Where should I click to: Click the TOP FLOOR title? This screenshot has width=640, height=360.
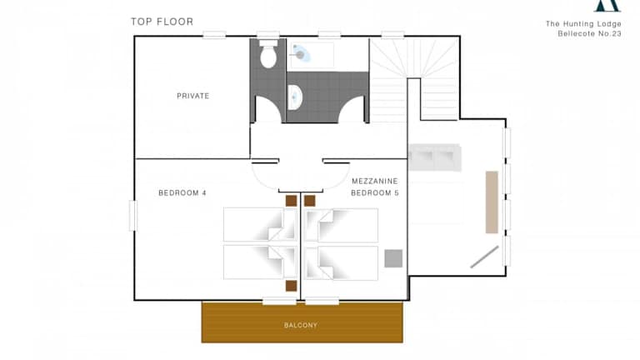pos(162,22)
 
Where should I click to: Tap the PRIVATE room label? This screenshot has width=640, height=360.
pos(193,96)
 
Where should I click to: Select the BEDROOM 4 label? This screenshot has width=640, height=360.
pos(182,192)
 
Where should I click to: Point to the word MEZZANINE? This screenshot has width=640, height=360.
pos(375,181)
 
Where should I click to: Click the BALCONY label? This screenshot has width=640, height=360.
pos(301,325)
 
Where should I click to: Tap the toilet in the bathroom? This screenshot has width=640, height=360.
pos(268,54)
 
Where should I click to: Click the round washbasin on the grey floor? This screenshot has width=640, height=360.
pos(294,97)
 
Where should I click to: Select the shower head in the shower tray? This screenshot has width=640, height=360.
pos(300,52)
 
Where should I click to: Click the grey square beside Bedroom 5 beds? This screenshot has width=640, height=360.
pos(393,258)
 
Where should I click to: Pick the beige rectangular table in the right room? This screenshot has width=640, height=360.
pos(492,202)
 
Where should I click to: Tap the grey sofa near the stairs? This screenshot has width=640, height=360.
pos(435,157)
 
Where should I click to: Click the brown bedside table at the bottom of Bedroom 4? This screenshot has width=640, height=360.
pos(291,286)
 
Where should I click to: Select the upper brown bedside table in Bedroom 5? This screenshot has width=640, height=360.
pos(310,200)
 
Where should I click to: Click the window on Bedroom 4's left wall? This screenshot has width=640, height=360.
pos(133,216)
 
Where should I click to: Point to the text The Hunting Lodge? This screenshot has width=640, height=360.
pos(583,23)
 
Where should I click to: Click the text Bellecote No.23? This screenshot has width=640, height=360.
pos(589,33)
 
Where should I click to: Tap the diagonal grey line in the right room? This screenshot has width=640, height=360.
pos(484,257)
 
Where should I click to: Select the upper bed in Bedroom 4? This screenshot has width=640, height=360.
pos(260,224)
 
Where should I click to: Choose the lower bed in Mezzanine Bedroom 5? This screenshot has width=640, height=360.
pos(341,262)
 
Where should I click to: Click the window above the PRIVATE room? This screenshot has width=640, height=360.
pos(214,35)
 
